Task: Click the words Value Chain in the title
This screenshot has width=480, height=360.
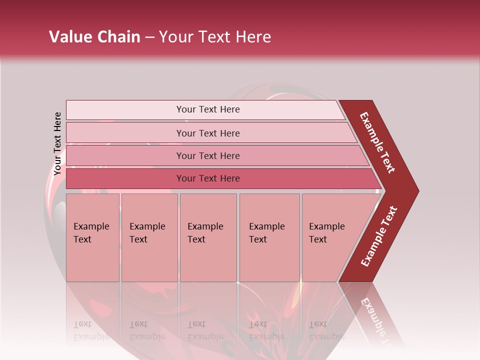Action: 94,36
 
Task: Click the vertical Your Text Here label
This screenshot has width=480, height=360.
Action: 57,143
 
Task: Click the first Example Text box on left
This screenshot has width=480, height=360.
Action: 92,237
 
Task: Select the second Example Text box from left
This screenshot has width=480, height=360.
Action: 149,237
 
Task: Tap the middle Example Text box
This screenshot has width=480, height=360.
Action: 208,237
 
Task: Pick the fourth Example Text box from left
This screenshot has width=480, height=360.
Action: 269,237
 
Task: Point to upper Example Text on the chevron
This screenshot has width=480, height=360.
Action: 378,142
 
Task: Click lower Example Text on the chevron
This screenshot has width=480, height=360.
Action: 379,236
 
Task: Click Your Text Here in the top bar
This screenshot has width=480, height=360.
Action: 208,109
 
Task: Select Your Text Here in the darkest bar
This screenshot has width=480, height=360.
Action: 208,178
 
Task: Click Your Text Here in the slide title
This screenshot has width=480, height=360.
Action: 215,36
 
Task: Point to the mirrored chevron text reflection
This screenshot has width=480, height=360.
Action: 375,320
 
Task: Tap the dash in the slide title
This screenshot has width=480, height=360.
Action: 149,37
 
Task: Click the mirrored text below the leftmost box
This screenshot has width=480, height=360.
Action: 91,330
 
